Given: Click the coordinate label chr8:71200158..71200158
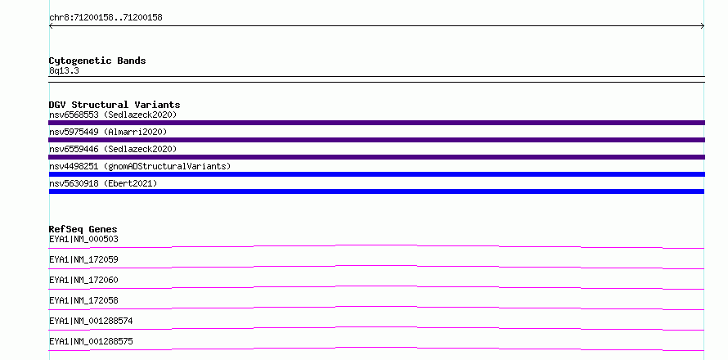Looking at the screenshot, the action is click(x=106, y=17).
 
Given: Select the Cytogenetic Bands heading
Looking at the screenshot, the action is click(x=97, y=61).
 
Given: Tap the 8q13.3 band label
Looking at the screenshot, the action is click(x=64, y=70).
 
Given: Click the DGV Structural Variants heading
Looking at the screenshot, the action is click(x=115, y=105).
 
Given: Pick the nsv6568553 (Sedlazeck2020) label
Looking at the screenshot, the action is click(x=113, y=115).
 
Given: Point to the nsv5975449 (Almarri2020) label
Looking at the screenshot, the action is click(x=108, y=132).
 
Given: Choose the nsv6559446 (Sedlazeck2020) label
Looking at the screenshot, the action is click(x=113, y=149).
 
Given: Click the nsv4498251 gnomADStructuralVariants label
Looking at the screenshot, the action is click(x=140, y=166).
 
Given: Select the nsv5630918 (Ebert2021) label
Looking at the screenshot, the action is click(x=103, y=183).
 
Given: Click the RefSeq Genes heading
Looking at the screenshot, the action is click(x=83, y=229).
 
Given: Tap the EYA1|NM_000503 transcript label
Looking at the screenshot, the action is click(x=83, y=239).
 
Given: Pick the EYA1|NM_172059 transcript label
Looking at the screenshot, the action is click(x=83, y=259).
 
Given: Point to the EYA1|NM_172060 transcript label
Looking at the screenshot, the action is click(x=83, y=280).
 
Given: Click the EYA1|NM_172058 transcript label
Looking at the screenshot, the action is click(x=83, y=300).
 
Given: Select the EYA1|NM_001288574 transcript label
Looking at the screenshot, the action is click(x=91, y=321).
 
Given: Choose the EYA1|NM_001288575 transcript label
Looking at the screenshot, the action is click(x=91, y=341).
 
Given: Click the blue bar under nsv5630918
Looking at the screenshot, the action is click(x=376, y=191).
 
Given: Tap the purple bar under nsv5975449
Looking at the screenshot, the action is click(x=376, y=140).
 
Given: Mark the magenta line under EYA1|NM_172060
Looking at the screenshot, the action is click(x=376, y=286).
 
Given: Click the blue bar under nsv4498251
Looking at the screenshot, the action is click(x=376, y=174).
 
